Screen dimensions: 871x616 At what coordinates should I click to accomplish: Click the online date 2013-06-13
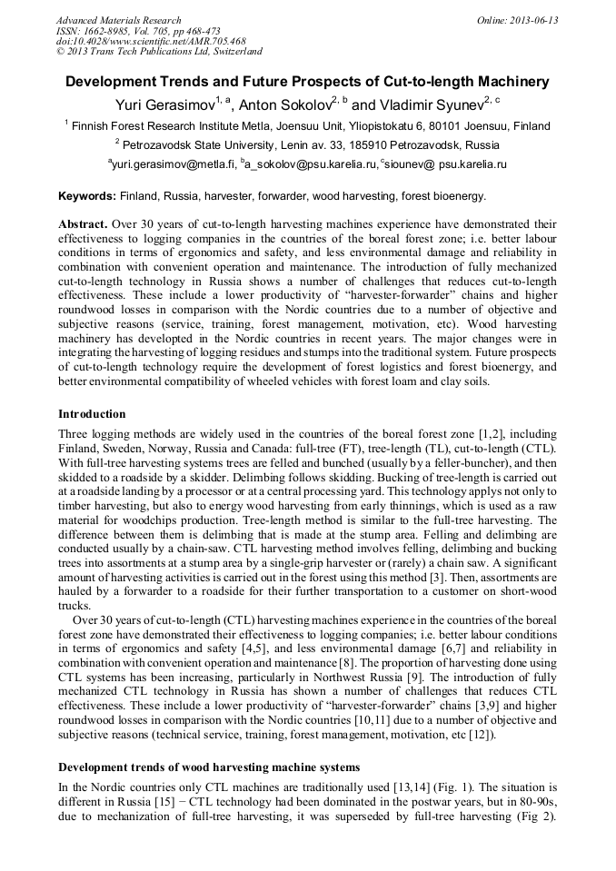coord(534,20)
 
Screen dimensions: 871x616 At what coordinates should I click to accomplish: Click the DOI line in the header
coord(151,41)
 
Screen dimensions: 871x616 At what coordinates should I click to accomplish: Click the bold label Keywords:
coord(87,196)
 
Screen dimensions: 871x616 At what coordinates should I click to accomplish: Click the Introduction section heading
coord(92,414)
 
